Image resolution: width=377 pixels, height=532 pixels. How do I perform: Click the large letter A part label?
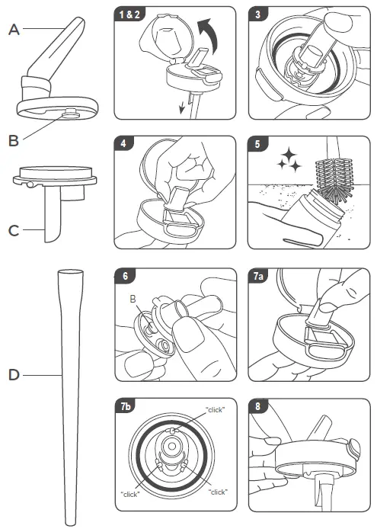click(14, 30)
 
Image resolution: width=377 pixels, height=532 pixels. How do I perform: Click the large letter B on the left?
click(14, 140)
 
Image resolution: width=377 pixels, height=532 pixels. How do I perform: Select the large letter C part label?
click(14, 231)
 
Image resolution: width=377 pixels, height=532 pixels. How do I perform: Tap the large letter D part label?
click(14, 375)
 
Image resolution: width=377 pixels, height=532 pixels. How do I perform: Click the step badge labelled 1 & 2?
click(129, 14)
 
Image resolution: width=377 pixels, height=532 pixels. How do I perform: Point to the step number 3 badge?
click(258, 14)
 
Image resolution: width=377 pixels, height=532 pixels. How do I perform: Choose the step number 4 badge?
click(123, 143)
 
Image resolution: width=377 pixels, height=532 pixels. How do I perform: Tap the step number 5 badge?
click(257, 144)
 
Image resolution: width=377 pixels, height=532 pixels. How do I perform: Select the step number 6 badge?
click(125, 276)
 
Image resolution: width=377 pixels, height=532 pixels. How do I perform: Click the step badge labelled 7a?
click(259, 276)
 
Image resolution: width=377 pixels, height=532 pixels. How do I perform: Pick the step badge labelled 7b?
click(126, 406)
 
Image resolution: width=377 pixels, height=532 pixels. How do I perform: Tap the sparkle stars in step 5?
click(289, 159)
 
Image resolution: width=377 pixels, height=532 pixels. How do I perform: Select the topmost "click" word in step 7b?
click(216, 410)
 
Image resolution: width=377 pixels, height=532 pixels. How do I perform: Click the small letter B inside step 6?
click(133, 299)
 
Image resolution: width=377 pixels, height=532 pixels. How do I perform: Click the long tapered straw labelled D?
click(71, 397)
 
